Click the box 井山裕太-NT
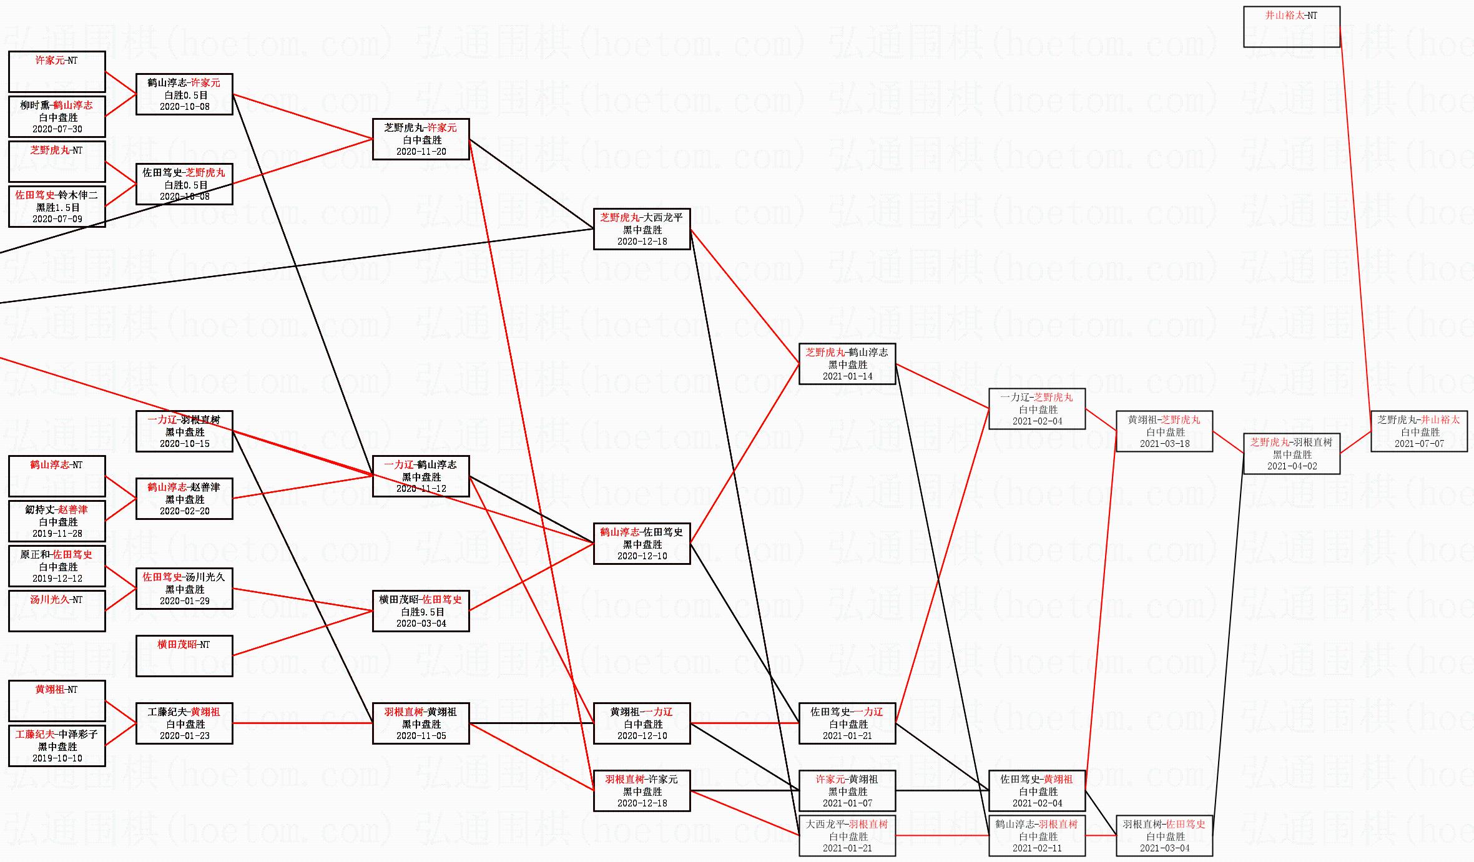[1291, 27]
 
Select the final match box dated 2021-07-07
[1418, 431]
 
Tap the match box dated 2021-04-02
[1291, 454]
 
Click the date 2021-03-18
[1164, 444]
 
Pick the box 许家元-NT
[57, 72]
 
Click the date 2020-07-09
[57, 219]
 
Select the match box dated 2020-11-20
[421, 139]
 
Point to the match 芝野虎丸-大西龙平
[642, 229]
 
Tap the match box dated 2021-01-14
[847, 364]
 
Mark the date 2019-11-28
[57, 534]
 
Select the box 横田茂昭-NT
[184, 656]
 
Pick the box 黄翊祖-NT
[57, 701]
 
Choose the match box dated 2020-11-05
[421, 723]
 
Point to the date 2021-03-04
[1164, 848]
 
